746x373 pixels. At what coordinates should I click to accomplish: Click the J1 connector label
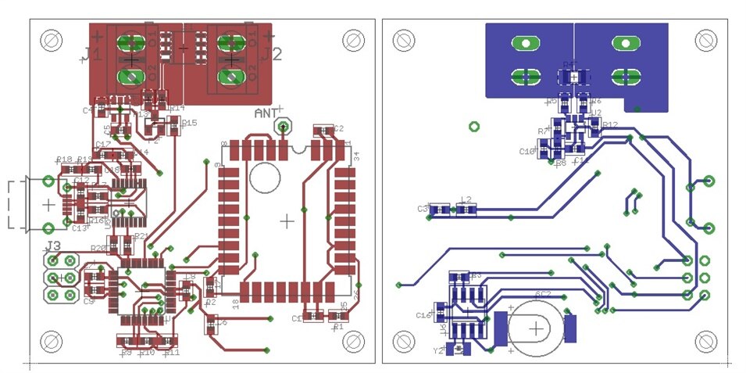92,54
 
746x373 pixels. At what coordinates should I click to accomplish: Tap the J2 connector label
271,54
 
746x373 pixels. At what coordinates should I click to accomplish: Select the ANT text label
265,113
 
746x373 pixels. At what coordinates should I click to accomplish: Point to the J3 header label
54,246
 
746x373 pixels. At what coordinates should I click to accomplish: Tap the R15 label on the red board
189,123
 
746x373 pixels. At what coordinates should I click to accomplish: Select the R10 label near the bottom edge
146,353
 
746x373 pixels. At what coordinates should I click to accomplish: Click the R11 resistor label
172,352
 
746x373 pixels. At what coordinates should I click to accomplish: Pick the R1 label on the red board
337,328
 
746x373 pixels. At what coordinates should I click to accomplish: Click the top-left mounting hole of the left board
52,38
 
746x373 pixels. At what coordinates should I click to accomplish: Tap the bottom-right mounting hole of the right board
706,341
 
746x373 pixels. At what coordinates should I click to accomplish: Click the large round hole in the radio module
265,178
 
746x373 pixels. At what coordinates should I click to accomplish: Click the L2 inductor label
466,200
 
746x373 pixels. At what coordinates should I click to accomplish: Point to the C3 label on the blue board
423,209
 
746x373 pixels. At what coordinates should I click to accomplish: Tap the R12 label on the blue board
610,124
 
